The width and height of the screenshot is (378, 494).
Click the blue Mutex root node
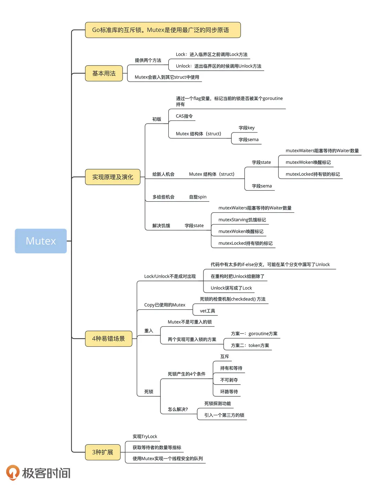(41, 241)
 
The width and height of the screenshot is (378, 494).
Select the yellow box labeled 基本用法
(104, 73)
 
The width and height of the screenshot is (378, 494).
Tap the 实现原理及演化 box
(113, 177)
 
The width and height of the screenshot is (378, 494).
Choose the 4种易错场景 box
(108, 339)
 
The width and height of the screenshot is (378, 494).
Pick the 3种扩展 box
(103, 452)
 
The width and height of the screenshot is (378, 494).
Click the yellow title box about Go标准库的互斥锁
(162, 30)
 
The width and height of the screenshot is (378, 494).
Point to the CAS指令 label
(184, 116)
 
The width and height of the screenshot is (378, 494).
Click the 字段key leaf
(246, 128)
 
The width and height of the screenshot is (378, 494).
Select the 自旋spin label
(198, 197)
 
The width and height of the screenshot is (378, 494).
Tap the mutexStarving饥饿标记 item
(242, 220)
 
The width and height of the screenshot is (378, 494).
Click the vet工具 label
(207, 311)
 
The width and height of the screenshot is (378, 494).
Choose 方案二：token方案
(250, 345)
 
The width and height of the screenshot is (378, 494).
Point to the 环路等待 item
(229, 392)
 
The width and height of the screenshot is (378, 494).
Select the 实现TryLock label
(145, 437)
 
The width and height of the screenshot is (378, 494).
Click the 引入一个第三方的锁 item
(224, 415)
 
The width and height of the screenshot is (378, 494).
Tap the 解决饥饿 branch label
(161, 226)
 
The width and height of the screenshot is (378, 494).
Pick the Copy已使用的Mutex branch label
(165, 305)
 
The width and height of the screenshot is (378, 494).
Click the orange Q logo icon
(13, 472)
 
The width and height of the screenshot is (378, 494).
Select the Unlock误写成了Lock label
(231, 288)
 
